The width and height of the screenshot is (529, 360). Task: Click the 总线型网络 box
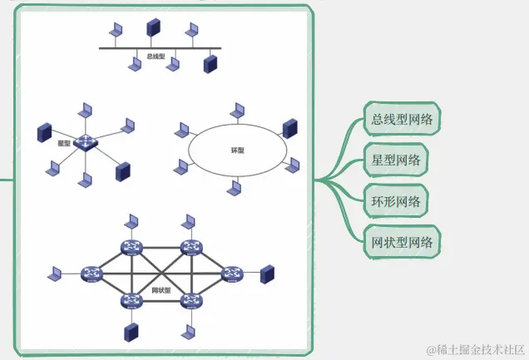[x=403, y=119]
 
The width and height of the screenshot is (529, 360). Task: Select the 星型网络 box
[x=396, y=160]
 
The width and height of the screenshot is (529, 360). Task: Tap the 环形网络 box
[x=396, y=200]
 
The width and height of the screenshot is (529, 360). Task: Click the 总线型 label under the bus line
[x=156, y=57]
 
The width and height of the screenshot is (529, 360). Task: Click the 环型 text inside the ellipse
[x=237, y=150]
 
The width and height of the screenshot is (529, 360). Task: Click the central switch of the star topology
[x=85, y=143]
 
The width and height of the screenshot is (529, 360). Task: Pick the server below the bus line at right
[x=210, y=64]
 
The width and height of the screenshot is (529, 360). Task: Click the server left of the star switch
[x=44, y=131]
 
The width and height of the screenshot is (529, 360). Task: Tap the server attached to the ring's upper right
[x=289, y=128]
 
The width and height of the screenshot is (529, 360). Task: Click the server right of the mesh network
[x=267, y=274]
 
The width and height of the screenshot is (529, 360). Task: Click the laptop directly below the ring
[x=235, y=189]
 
